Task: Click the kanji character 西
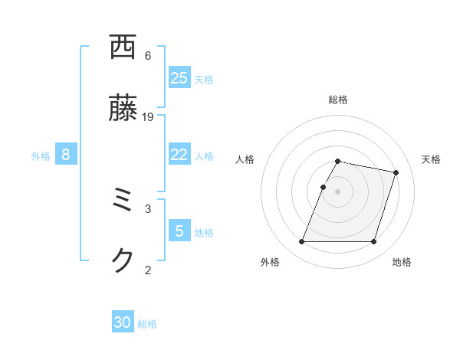(123, 48)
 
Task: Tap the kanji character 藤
(123, 110)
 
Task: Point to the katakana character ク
(123, 261)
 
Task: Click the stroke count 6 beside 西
(148, 56)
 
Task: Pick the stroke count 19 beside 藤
(148, 116)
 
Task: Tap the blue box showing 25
(179, 78)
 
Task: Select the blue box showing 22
(179, 155)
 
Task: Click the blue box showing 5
(179, 231)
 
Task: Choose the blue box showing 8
(66, 155)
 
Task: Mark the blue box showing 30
(123, 322)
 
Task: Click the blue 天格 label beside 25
(204, 79)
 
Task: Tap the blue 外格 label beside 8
(41, 156)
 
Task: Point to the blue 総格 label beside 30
(147, 324)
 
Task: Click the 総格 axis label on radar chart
(338, 100)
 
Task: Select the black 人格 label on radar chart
(245, 159)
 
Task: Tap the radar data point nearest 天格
(396, 173)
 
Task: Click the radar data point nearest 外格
(302, 242)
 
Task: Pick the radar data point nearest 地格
(373, 242)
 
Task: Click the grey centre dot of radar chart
(337, 191)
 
